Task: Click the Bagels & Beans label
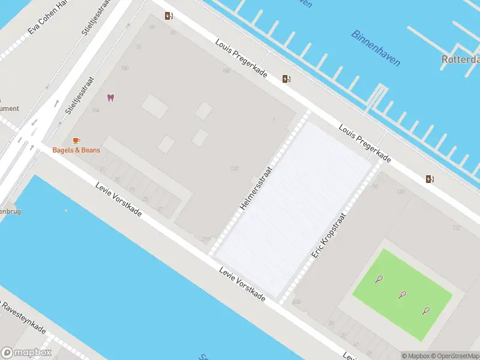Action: tap(76, 150)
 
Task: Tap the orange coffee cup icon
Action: tap(76, 140)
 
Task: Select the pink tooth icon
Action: tap(110, 97)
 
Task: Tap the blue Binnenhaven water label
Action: tap(376, 48)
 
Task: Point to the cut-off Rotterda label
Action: tap(460, 59)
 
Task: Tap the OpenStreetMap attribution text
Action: tap(454, 356)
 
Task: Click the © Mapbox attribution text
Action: tap(415, 356)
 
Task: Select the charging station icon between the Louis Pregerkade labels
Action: tap(287, 79)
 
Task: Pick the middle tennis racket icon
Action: tap(402, 294)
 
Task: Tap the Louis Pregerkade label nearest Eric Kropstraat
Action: tap(365, 144)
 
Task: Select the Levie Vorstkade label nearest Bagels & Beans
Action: tap(118, 200)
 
